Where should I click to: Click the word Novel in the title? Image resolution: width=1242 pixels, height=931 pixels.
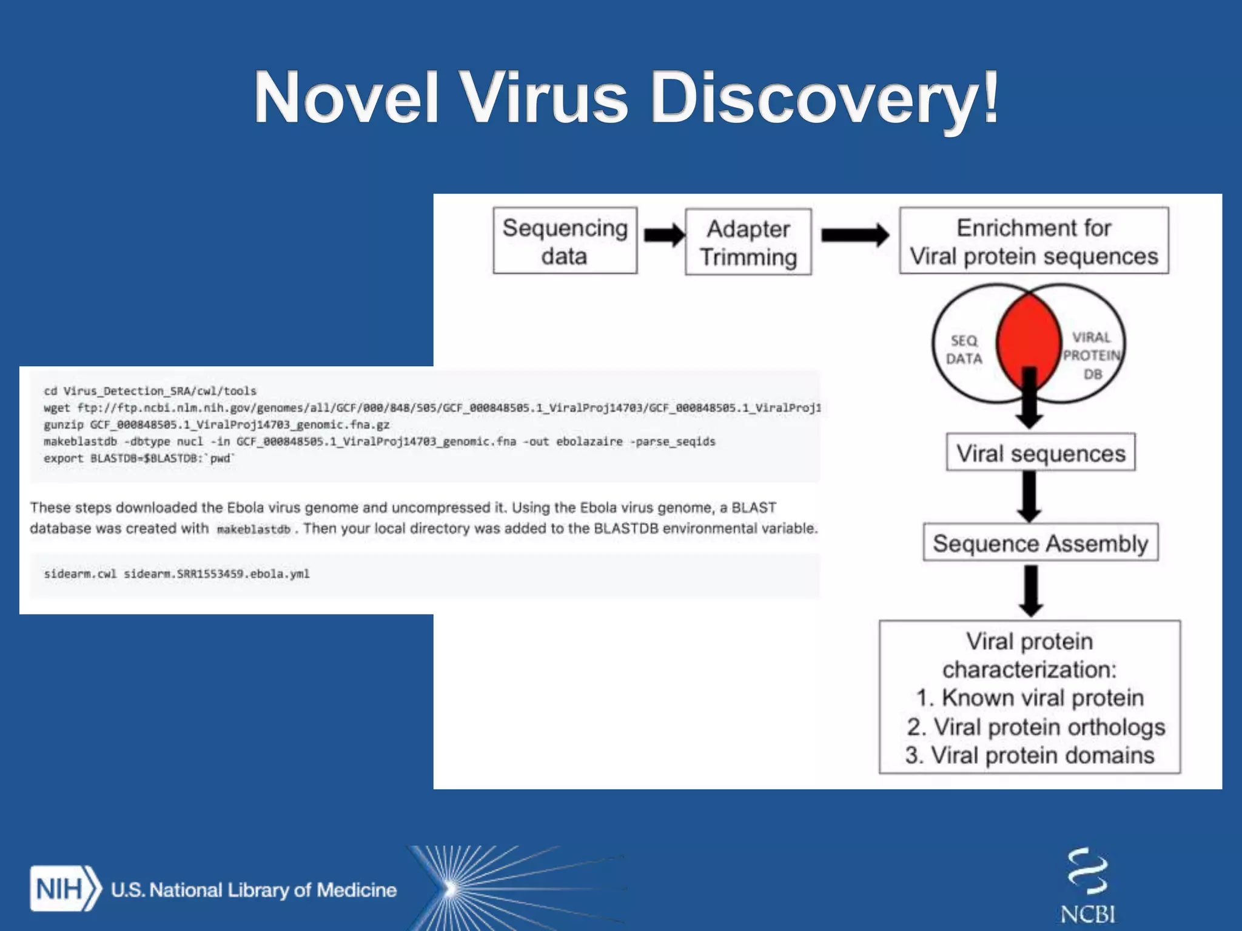coord(346,98)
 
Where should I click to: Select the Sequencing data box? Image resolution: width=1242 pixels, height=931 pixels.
coord(565,241)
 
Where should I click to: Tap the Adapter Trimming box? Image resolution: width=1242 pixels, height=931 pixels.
coord(748,242)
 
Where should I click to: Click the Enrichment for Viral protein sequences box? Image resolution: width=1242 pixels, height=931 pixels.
coord(1033,241)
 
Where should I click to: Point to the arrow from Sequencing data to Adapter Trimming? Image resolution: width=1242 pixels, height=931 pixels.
coord(663,235)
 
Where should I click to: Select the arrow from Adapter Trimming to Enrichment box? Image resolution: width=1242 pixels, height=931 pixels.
coord(854,235)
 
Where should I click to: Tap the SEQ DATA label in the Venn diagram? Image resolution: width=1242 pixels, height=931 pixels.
coord(964,350)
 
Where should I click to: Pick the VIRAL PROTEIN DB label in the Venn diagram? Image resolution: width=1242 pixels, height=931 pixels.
coord(1092,355)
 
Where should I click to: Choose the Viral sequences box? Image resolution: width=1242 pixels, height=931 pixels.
coord(1041,453)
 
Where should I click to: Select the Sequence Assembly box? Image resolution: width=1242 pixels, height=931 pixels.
coord(1040,542)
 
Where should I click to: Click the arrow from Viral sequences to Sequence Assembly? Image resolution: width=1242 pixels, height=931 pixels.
coord(1029,496)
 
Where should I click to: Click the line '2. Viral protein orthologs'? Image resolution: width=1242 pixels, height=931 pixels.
coord(1036,727)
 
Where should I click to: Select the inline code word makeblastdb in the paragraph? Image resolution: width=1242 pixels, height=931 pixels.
coord(253,529)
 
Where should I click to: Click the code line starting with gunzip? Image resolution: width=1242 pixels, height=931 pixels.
coord(217,424)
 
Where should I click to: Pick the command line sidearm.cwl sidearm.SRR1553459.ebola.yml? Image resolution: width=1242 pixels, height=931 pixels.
coord(176,573)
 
